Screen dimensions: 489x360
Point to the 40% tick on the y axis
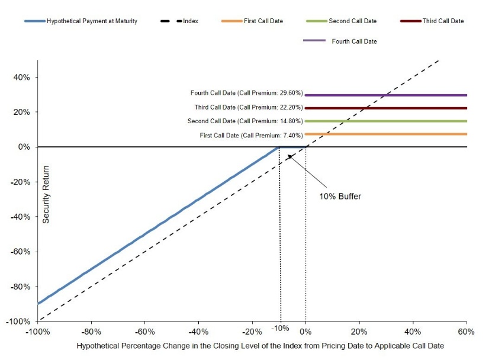tap(21, 77)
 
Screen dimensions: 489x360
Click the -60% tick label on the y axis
tap(20, 252)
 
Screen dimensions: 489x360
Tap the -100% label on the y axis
tap(18, 322)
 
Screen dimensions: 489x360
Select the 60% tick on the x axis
tap(466, 332)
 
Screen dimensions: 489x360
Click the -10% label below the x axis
tap(280, 328)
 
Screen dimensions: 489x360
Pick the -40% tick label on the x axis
tap(198, 332)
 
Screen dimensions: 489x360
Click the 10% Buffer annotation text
tap(340, 196)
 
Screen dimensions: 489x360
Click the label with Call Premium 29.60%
tap(247, 92)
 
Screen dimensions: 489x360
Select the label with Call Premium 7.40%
tap(252, 136)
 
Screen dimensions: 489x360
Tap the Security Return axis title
tap(46, 194)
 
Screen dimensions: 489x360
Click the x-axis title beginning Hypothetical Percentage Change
tap(260, 346)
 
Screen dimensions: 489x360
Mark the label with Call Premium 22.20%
tap(249, 107)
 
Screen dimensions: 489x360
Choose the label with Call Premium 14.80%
tap(245, 121)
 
